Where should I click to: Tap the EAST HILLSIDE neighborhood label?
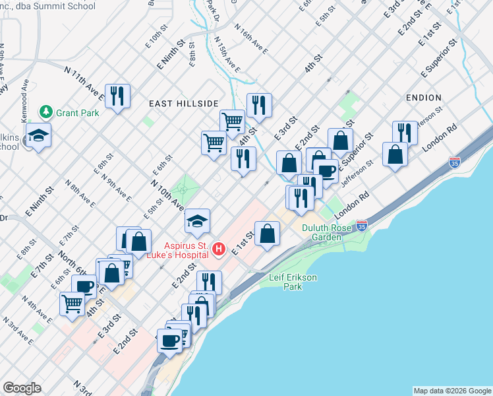pos(183,104)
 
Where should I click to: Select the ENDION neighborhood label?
pos(423,97)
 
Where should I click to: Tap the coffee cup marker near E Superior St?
pos(326,172)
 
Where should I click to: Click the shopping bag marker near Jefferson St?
pos(394,154)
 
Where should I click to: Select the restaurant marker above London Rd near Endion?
pos(405,133)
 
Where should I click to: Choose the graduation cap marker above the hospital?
pos(197,221)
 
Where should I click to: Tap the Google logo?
pos(23,388)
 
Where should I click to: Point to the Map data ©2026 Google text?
pos(451,391)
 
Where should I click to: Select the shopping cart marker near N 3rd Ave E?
pos(72,304)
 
